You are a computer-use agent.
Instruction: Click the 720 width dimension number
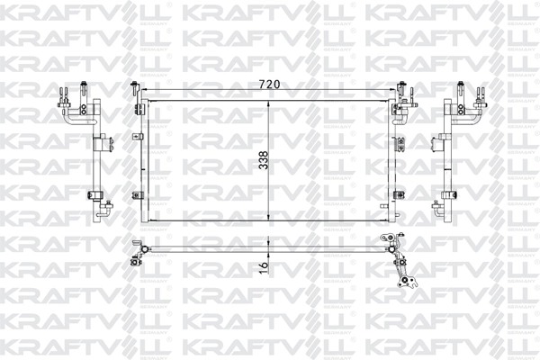(270, 84)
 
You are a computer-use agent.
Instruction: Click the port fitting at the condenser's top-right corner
(398, 95)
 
